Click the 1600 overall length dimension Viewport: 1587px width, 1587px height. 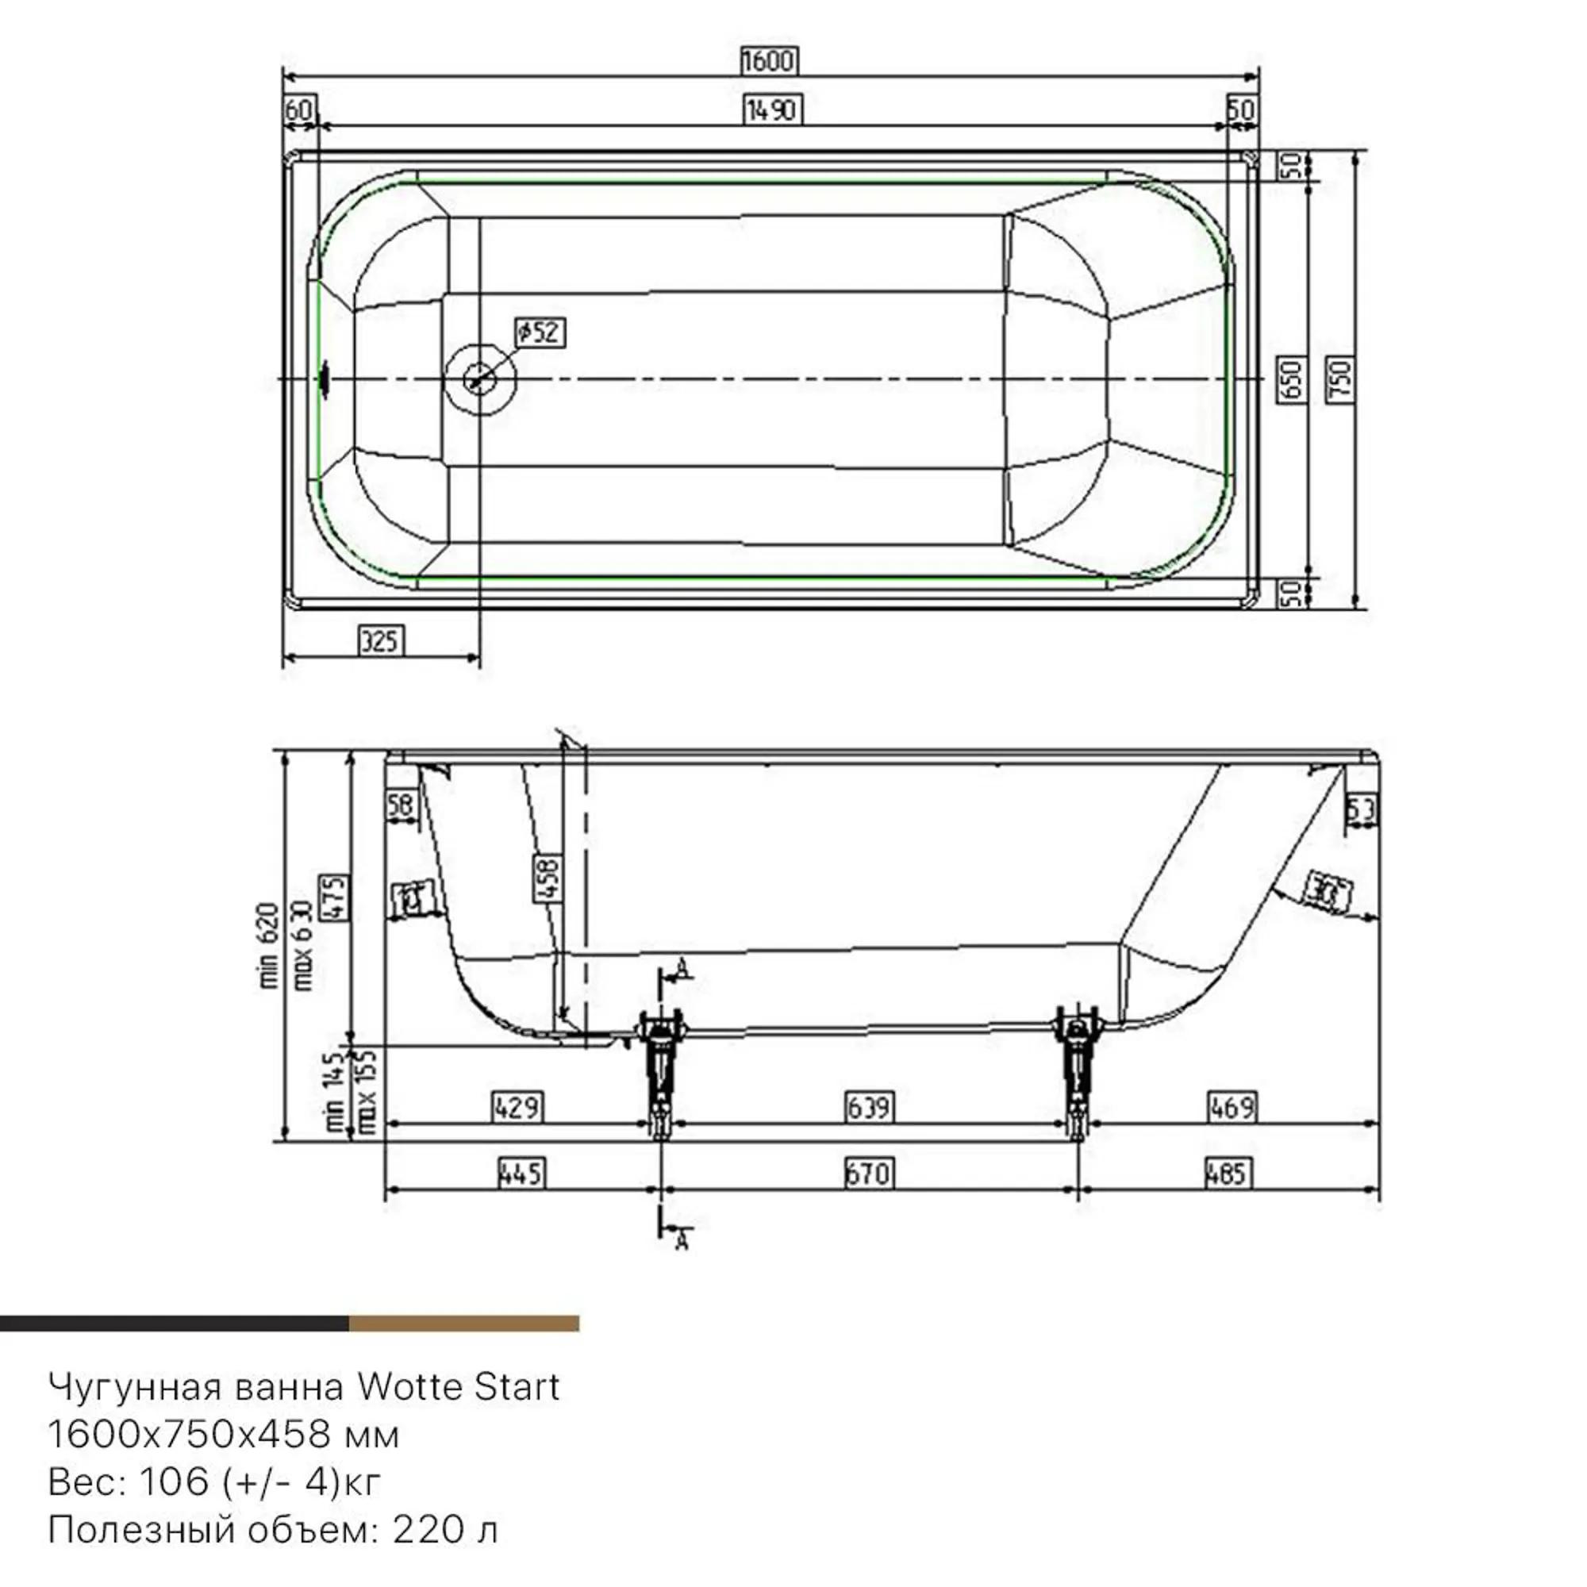(x=769, y=61)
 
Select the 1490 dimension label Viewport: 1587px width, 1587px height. (x=771, y=110)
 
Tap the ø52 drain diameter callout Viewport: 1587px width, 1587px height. (x=540, y=332)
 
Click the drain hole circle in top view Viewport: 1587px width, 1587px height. (x=480, y=378)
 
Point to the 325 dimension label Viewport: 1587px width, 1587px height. (x=381, y=640)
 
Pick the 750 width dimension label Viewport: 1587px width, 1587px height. (x=1339, y=378)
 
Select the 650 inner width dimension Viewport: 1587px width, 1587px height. (x=1292, y=378)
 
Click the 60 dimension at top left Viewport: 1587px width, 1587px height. (x=299, y=110)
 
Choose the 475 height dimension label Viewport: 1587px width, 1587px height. (x=334, y=897)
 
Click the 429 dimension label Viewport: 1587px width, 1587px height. (x=517, y=1106)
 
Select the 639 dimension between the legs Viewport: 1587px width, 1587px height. (x=868, y=1106)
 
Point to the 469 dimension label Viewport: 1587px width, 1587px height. (x=1232, y=1106)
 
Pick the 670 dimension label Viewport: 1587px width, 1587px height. (x=867, y=1173)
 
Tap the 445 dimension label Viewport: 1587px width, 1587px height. (x=521, y=1173)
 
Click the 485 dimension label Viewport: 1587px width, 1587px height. (x=1228, y=1173)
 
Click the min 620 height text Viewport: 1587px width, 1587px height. (x=271, y=944)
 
